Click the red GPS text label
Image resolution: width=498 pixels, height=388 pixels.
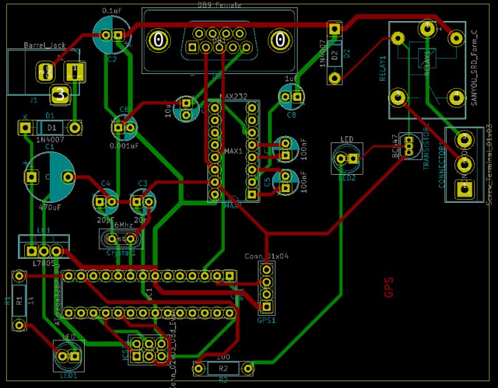click(389, 287)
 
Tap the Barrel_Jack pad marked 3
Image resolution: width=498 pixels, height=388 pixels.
click(60, 95)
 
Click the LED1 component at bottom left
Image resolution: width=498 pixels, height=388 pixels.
click(68, 356)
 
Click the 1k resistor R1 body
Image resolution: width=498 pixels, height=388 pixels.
click(19, 300)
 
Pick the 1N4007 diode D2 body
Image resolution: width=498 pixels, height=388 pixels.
click(335, 55)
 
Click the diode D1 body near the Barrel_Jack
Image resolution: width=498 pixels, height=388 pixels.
click(50, 127)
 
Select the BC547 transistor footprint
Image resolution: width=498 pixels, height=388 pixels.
click(408, 146)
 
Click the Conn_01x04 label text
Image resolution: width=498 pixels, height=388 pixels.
click(266, 256)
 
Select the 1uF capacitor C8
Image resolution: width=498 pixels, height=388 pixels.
click(290, 96)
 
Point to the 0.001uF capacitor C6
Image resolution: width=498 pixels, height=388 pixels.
click(125, 127)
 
